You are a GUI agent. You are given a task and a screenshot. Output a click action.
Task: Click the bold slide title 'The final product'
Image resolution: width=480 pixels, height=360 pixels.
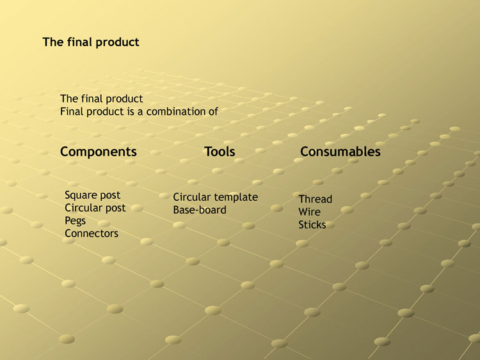(x=91, y=42)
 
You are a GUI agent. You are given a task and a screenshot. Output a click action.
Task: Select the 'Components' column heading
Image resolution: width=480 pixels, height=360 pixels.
(x=99, y=152)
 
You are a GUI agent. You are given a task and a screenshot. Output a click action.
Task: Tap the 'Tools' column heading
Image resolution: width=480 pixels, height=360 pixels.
(x=220, y=152)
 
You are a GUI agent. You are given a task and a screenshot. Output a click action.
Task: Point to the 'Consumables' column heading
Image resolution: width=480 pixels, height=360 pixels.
(x=340, y=152)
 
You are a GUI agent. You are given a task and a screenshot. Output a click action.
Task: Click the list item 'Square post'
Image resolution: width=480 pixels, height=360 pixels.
(x=92, y=195)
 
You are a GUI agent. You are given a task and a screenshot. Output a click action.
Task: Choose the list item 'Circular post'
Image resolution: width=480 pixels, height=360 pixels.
(x=95, y=208)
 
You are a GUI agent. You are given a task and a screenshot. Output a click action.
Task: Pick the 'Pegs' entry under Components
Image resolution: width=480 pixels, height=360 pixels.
(x=75, y=221)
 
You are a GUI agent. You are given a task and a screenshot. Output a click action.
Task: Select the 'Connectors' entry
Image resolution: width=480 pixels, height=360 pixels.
(x=92, y=233)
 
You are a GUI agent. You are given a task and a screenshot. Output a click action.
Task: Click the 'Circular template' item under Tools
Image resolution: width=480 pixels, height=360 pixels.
(x=216, y=198)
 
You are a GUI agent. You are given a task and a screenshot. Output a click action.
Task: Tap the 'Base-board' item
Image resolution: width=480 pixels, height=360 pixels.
(x=200, y=210)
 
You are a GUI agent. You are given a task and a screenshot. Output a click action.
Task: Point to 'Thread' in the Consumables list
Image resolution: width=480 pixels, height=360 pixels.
(x=316, y=199)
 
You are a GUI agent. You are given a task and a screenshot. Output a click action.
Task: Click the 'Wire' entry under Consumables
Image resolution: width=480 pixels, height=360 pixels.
(x=310, y=212)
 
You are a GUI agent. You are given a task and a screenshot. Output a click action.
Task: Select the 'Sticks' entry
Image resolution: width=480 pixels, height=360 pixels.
(x=312, y=225)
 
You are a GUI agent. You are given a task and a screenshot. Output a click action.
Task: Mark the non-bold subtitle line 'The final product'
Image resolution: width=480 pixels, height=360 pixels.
(x=102, y=99)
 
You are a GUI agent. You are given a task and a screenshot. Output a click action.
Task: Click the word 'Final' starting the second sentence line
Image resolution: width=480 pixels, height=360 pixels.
(x=72, y=112)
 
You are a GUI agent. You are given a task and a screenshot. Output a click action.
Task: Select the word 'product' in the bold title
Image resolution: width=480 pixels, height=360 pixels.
(x=118, y=42)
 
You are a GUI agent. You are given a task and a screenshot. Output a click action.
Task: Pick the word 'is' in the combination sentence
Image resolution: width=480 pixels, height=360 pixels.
(x=131, y=112)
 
